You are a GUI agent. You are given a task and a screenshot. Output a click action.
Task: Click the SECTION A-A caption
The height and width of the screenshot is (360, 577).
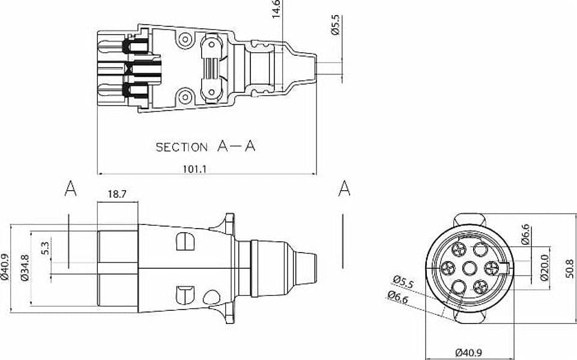point(205,146)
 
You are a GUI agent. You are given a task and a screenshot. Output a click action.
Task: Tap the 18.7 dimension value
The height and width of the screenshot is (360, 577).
point(117,194)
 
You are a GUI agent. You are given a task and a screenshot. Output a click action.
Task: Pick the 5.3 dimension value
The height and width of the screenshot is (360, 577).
point(45,248)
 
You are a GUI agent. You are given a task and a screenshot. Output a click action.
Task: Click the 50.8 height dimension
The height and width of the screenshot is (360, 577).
point(569,268)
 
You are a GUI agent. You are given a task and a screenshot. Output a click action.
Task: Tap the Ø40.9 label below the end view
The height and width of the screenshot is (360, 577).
point(469,353)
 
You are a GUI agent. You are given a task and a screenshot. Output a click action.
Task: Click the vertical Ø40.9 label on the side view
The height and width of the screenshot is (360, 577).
point(5,268)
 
